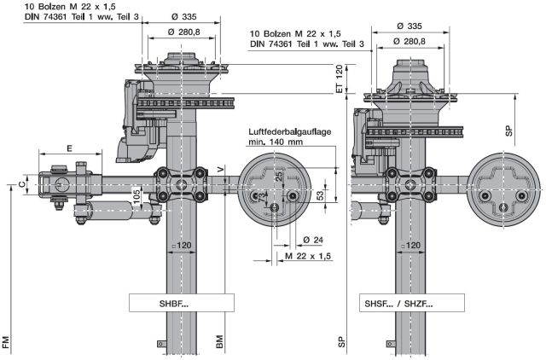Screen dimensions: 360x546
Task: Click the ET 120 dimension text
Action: pyautogui.click(x=339, y=78)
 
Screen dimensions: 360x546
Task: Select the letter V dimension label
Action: pyautogui.click(x=221, y=171)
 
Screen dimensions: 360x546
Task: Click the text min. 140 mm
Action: pyautogui.click(x=276, y=142)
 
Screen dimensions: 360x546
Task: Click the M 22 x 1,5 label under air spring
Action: pyautogui.click(x=308, y=256)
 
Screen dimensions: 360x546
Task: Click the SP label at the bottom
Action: pyautogui.click(x=340, y=342)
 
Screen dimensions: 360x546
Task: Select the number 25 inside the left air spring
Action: pyautogui.click(x=278, y=177)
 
